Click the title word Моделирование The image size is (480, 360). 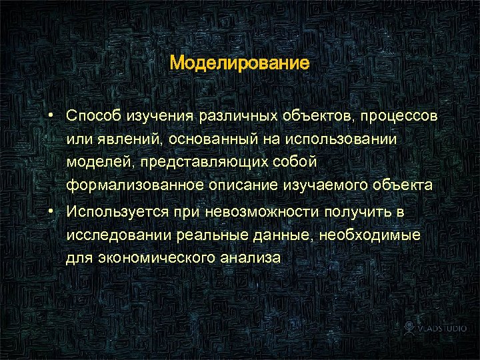239,63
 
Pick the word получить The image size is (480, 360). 359,211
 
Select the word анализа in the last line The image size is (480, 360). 249,258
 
